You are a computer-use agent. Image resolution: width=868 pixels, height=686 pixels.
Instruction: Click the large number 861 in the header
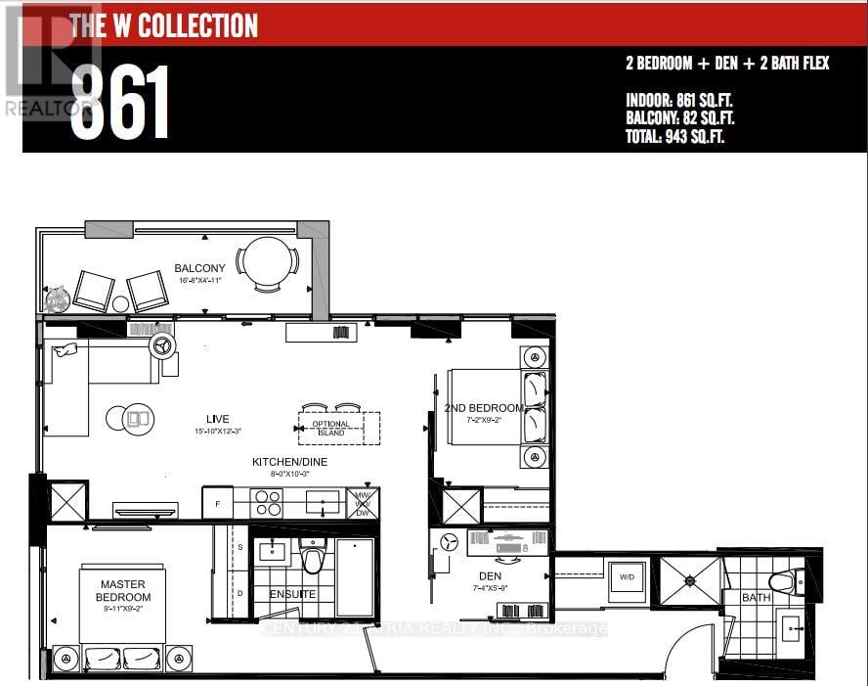click(x=119, y=103)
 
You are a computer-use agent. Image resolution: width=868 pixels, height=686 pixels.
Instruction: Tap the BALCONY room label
click(x=199, y=268)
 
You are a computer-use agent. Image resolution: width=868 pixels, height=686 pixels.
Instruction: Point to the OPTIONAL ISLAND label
click(x=330, y=428)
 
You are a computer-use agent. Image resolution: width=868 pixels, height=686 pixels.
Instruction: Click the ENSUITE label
click(x=291, y=594)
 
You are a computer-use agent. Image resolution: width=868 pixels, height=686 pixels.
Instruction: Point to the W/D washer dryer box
click(x=624, y=576)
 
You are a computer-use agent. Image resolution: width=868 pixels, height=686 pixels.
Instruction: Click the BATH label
click(x=756, y=596)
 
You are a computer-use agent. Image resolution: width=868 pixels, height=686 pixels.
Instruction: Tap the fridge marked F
click(x=217, y=503)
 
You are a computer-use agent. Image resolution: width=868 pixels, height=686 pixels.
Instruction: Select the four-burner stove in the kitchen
click(x=268, y=503)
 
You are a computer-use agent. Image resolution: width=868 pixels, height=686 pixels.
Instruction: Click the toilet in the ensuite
click(x=313, y=559)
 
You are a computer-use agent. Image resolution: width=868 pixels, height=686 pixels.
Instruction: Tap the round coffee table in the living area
click(x=138, y=419)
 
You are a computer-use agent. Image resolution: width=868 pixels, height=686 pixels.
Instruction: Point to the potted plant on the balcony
click(x=57, y=298)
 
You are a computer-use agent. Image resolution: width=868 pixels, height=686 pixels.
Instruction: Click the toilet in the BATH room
click(x=784, y=582)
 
